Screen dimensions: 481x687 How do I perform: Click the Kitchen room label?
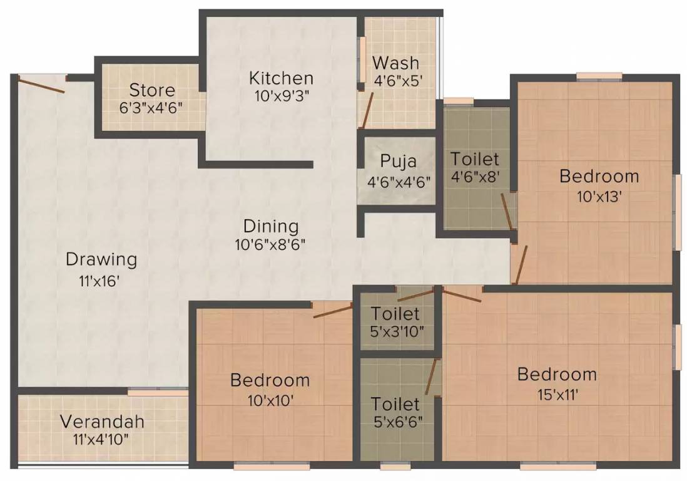(281, 78)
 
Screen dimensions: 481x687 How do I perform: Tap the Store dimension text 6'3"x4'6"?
(151, 106)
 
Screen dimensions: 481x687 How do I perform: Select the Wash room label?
(395, 63)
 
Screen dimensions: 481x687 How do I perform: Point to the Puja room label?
(398, 162)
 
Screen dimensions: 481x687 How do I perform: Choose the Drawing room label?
(101, 259)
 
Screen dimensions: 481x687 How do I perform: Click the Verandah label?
(102, 421)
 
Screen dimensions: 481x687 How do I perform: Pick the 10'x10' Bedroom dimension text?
(269, 400)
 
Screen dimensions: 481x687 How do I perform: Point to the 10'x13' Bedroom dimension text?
(599, 197)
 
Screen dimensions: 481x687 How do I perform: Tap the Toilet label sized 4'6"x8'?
(475, 159)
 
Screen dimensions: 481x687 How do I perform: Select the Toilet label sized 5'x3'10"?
(395, 313)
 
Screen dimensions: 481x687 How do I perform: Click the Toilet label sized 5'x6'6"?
(395, 403)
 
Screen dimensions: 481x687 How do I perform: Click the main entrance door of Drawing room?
(41, 83)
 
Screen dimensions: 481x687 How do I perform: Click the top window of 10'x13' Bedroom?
(599, 76)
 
